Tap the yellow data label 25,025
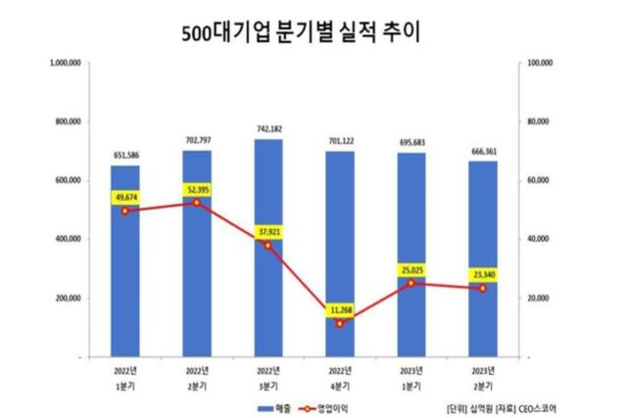pyautogui.click(x=410, y=269)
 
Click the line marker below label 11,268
pyautogui.click(x=339, y=323)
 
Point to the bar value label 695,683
pyautogui.click(x=410, y=143)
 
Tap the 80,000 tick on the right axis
pyautogui.click(x=540, y=121)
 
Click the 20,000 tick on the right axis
pyautogui.click(x=540, y=299)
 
